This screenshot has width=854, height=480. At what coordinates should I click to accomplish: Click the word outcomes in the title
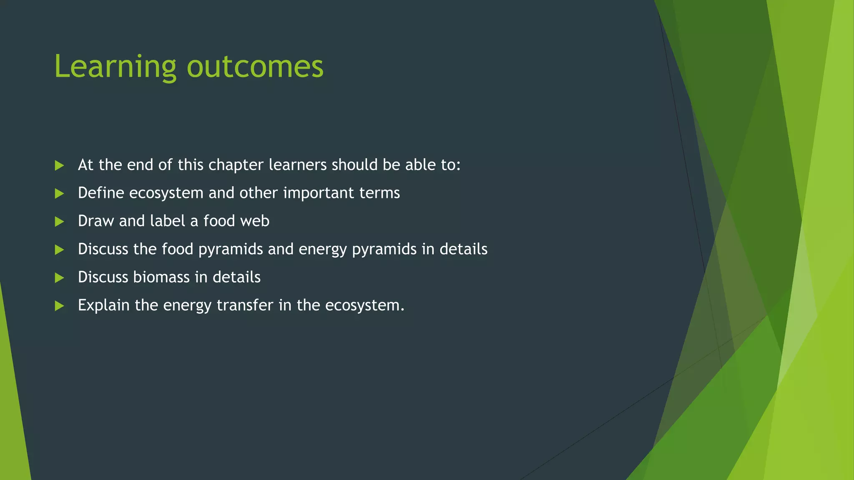point(255,67)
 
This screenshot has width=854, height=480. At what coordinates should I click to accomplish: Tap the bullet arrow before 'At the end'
point(59,165)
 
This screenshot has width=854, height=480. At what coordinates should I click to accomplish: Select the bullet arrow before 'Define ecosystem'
point(59,193)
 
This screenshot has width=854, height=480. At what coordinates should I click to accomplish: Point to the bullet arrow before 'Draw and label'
point(59,221)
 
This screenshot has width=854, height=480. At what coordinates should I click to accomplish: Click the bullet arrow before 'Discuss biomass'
point(59,277)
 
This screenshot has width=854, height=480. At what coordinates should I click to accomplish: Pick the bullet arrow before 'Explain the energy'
point(59,306)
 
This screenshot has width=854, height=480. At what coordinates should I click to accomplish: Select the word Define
point(101,193)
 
